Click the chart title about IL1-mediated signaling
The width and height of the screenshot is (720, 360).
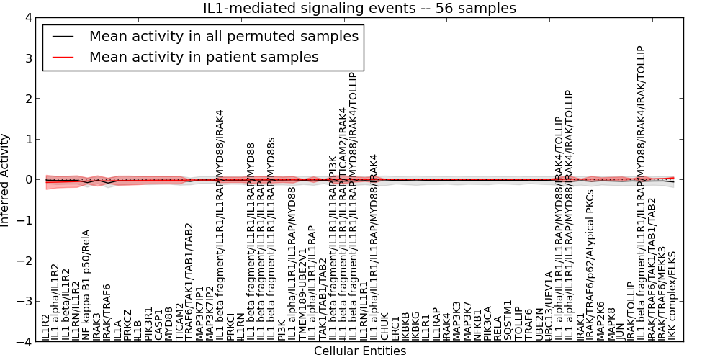tap(360, 9)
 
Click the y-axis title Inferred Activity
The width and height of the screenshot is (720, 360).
tap(6, 180)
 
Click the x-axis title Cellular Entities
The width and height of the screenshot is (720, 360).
tap(360, 351)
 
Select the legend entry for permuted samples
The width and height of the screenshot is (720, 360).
tap(223, 36)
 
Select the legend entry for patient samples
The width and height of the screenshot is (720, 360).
tap(204, 57)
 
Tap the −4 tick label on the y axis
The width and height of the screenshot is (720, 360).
tap(23, 342)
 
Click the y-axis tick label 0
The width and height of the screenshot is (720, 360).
tap(27, 180)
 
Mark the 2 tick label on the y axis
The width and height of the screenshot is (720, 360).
tap(27, 99)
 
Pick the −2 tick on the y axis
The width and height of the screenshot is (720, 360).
tap(23, 261)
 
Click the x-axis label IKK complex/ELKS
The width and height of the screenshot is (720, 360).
tap(672, 295)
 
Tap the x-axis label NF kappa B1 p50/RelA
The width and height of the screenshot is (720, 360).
tap(86, 285)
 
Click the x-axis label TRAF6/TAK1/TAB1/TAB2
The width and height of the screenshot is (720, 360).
tap(189, 282)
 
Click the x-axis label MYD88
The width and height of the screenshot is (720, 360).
tap(169, 324)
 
